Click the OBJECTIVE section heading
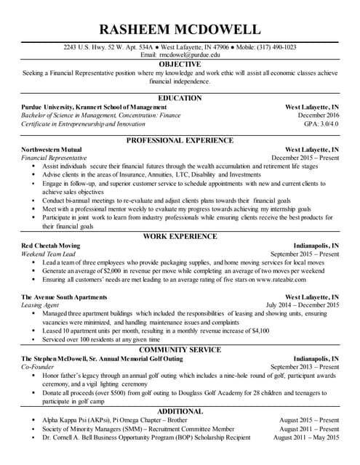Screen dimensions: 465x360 point(180,65)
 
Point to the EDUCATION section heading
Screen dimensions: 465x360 point(180,98)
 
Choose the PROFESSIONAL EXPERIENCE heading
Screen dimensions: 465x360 point(180,140)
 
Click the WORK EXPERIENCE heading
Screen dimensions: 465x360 point(180,237)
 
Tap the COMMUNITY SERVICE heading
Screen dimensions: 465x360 point(180,349)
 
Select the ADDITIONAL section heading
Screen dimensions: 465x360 point(180,411)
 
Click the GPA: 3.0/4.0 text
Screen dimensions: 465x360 point(319,124)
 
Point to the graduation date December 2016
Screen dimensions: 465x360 point(318,116)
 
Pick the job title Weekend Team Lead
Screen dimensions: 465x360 point(49,254)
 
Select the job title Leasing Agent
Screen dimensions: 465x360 point(41,305)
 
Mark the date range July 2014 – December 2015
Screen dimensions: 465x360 point(302,305)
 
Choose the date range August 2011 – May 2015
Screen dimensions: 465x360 point(306,437)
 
